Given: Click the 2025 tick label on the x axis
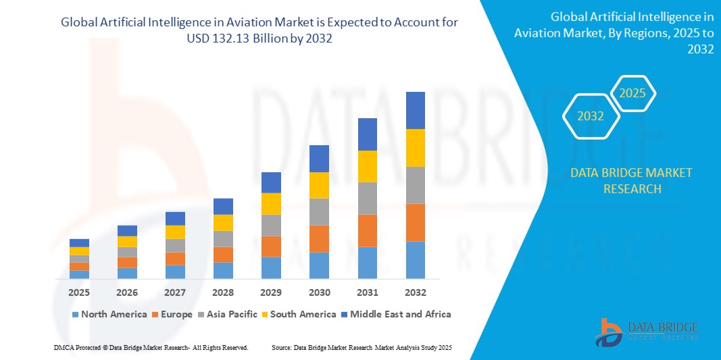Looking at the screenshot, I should [79, 292].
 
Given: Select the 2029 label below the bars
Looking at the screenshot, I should [271, 292].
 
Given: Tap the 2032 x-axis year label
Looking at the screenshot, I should [415, 292].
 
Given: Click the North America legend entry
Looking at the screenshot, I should [109, 314].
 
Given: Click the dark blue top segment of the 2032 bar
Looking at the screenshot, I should [415, 110].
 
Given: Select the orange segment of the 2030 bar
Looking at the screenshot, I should [319, 238].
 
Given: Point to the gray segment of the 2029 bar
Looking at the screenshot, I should [271, 225].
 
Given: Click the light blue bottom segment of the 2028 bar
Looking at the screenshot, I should [223, 270].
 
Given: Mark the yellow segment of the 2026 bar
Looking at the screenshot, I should [127, 241].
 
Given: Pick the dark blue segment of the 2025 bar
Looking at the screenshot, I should [79, 242].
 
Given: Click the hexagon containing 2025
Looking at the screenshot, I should [632, 93].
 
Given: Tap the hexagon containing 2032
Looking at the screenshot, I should [591, 116].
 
